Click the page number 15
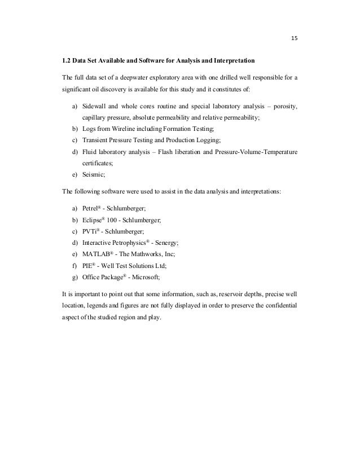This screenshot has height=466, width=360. click(x=294, y=39)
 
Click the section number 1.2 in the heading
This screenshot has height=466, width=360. click(x=65, y=60)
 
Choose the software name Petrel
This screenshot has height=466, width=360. click(x=90, y=209)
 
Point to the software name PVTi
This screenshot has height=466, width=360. click(x=89, y=231)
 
